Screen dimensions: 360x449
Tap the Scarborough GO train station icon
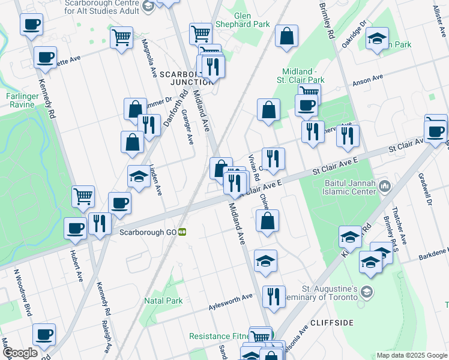coord(181,232)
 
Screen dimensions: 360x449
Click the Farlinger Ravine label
coord(23,100)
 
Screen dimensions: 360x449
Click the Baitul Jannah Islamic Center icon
coord(384,190)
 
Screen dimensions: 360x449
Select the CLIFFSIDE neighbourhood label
coord(332,323)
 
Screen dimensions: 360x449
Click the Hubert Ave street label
coord(76,265)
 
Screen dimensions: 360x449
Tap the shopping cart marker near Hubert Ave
coord(83,196)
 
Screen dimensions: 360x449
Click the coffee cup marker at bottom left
coord(43,334)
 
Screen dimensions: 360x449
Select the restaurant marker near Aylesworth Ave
coord(273,296)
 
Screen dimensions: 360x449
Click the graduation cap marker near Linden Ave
coord(139,176)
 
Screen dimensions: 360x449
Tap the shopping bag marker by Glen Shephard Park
coord(287,35)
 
